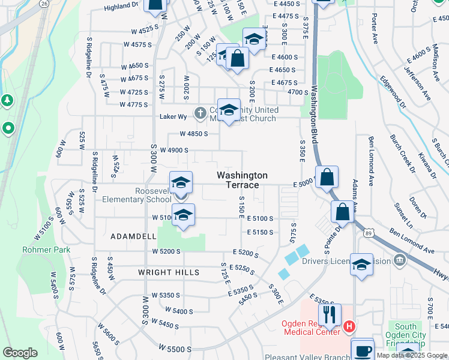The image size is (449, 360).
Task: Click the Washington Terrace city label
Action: [x=242, y=180]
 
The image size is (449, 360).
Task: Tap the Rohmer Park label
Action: [x=46, y=250]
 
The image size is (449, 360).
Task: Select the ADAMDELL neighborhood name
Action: [x=133, y=237]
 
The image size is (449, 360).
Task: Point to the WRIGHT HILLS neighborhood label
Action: [x=160, y=272]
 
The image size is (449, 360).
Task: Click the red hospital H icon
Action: [x=349, y=328]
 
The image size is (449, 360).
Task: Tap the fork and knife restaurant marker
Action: [x=330, y=314]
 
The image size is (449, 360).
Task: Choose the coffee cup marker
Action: [x=361, y=350]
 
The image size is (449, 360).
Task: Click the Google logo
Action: [x=20, y=353]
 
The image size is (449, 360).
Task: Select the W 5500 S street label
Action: [x=175, y=348]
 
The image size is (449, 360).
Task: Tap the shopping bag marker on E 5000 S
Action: [x=327, y=177]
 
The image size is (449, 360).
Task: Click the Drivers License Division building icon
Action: [x=399, y=260]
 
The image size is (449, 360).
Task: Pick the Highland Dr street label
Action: [x=121, y=6]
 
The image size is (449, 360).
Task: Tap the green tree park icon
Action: [x=7, y=100]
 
